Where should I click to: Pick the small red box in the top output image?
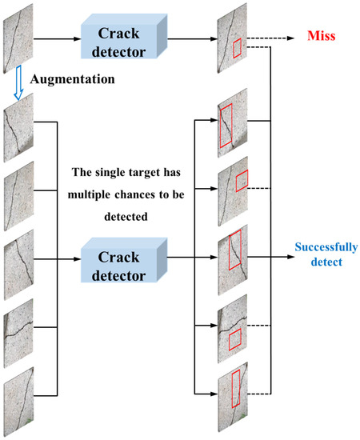237,49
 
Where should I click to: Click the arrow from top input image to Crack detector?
56,38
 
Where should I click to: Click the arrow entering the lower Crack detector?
68,258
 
